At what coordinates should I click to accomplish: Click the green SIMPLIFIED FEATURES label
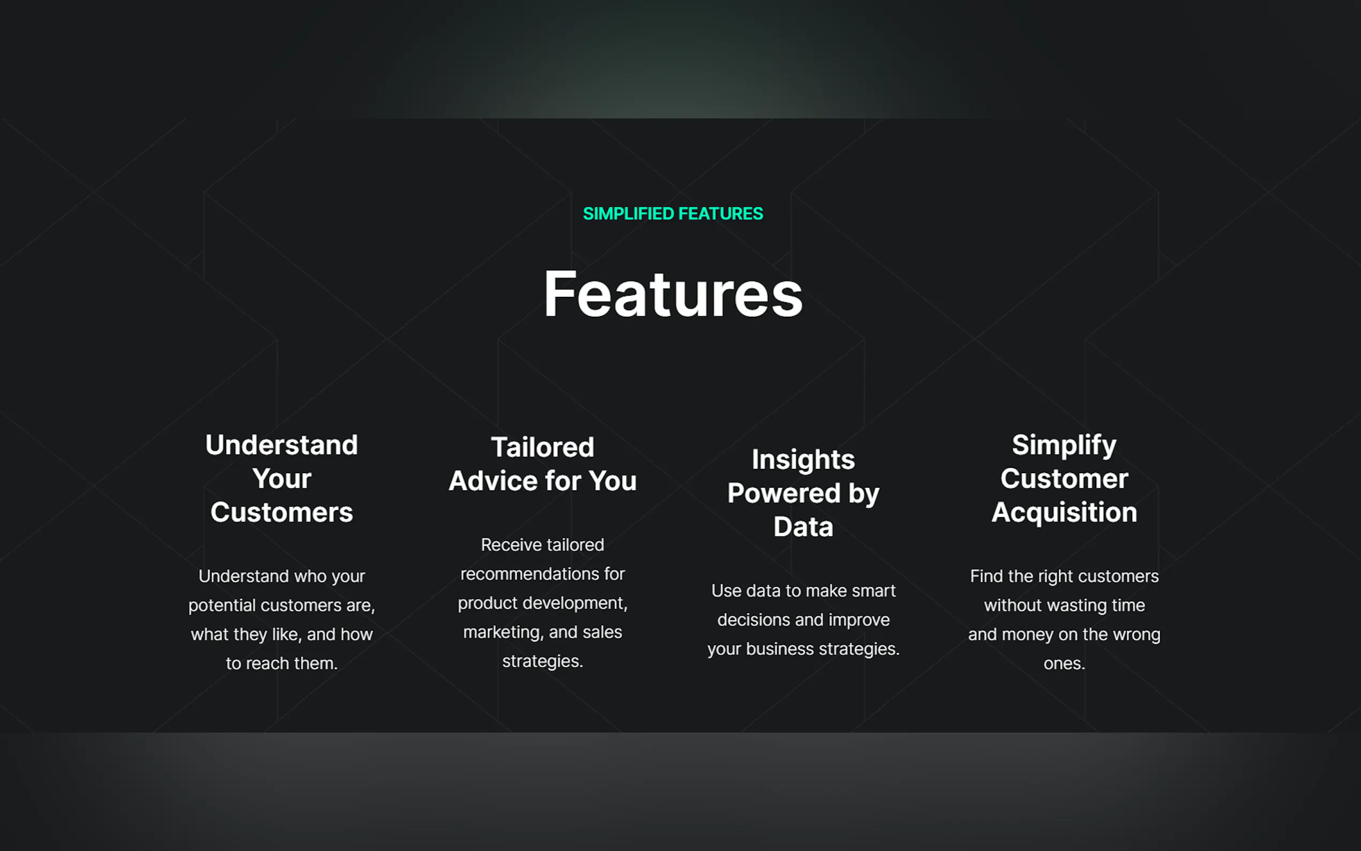pos(673,214)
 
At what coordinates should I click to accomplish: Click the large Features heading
pos(673,294)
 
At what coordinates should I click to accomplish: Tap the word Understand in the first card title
pos(281,445)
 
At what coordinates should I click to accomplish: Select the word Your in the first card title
pos(281,479)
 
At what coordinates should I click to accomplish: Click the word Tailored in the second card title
pos(542,447)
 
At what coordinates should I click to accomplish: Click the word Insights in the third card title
pos(803,460)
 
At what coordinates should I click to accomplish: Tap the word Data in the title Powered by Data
pos(803,527)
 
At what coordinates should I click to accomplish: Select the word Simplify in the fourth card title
pos(1064,445)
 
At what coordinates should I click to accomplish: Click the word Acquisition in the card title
pos(1064,513)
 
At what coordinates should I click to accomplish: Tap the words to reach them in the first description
pos(281,663)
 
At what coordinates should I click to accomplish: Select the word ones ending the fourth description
pos(1064,663)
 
